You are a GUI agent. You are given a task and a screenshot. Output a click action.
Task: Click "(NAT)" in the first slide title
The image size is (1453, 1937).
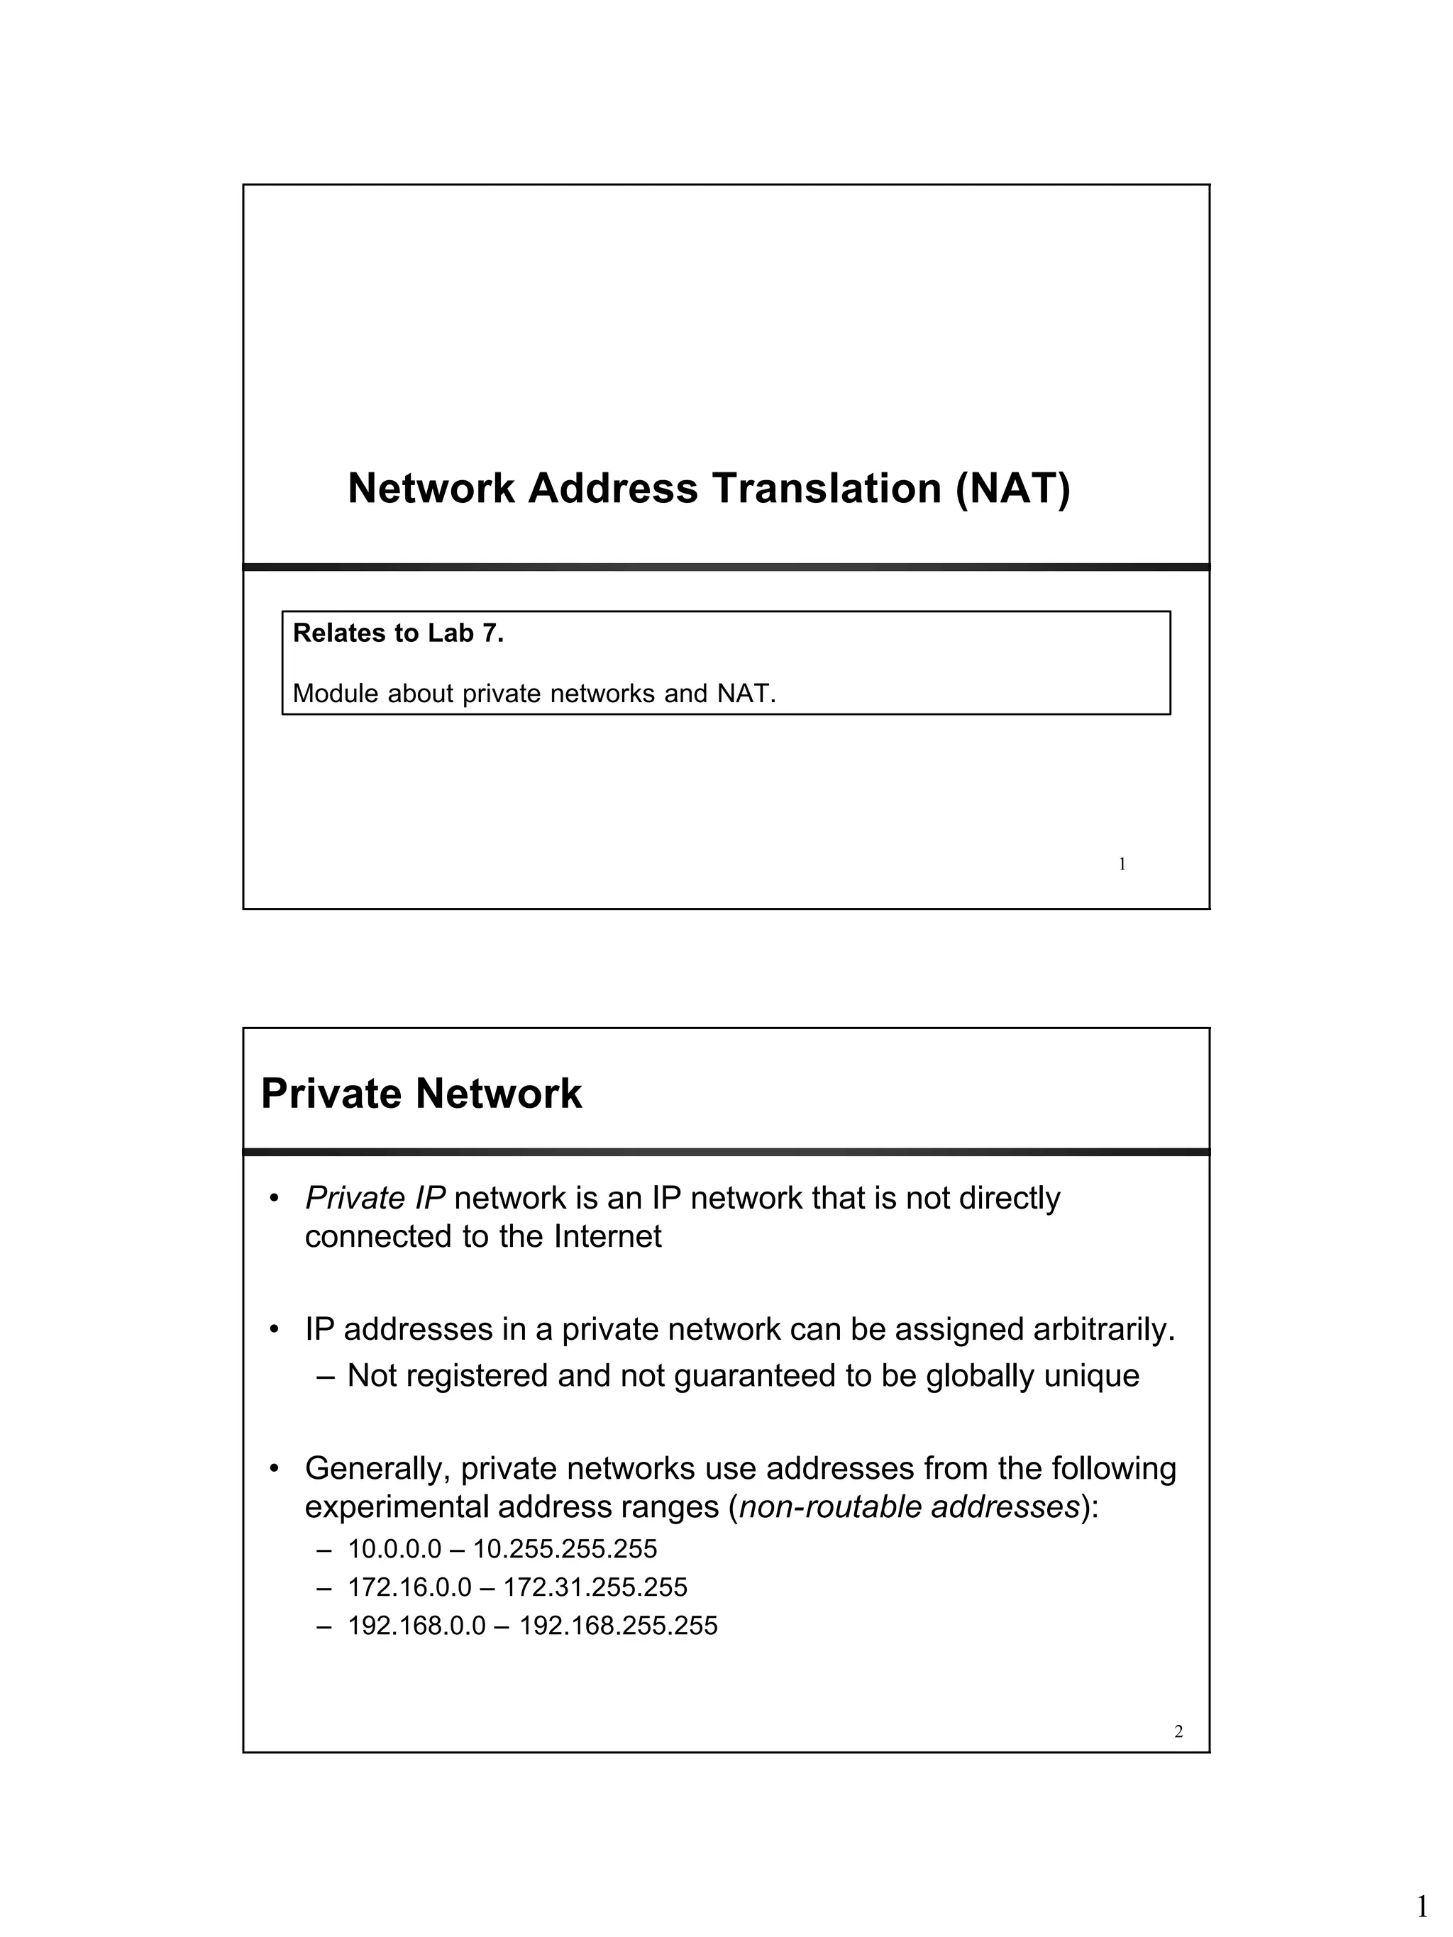(x=1012, y=489)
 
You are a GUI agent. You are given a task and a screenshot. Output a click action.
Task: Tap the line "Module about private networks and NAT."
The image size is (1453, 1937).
(x=534, y=694)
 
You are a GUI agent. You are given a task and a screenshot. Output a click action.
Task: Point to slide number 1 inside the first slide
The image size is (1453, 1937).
(x=1122, y=865)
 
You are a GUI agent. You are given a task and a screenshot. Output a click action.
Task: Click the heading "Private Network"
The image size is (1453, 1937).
(x=421, y=1094)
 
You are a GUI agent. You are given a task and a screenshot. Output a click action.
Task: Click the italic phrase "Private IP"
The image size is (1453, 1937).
(x=375, y=1198)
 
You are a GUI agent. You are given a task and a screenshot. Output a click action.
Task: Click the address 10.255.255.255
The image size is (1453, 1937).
(x=565, y=1549)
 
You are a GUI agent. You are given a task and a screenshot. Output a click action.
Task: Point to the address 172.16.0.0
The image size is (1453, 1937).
(x=409, y=1587)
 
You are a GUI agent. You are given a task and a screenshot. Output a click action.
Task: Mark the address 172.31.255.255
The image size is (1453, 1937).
(x=595, y=1587)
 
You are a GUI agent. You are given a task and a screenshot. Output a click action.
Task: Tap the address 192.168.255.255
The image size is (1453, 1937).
(x=619, y=1626)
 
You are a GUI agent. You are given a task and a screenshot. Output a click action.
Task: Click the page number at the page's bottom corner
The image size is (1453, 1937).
(x=1422, y=1907)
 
